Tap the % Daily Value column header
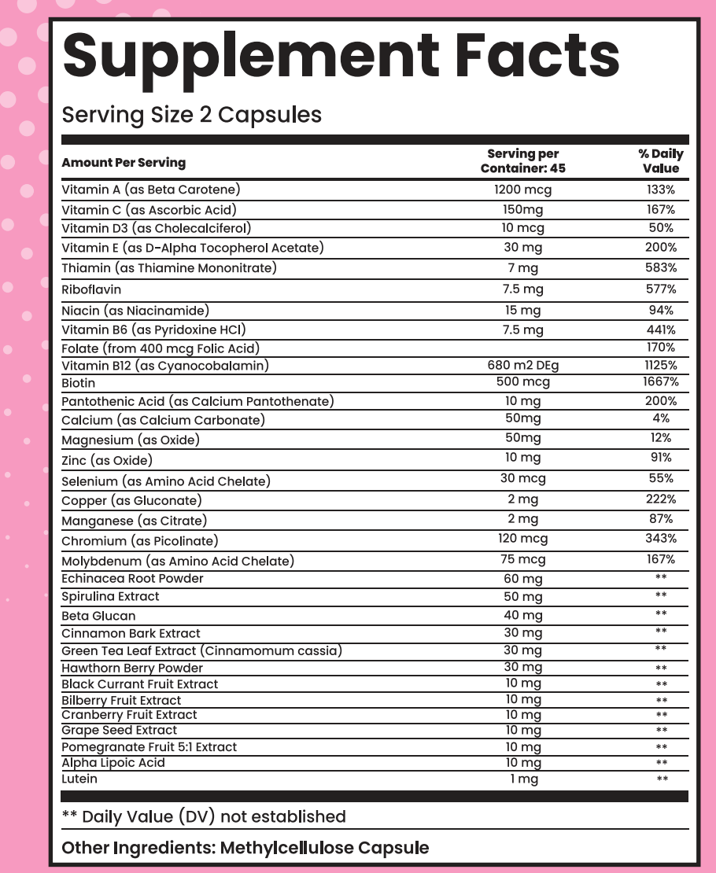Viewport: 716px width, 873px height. [x=660, y=161]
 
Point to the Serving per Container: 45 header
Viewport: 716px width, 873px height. [x=522, y=161]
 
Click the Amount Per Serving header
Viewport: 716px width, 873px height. [x=124, y=163]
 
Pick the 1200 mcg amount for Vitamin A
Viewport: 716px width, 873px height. [x=522, y=190]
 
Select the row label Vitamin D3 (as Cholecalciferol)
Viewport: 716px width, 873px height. [x=157, y=228]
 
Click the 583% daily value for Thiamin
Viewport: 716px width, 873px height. [x=660, y=268]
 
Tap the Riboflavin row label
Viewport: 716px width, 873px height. [x=91, y=289]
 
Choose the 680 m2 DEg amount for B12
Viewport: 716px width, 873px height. [x=522, y=365]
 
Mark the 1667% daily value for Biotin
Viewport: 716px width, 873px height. [x=660, y=382]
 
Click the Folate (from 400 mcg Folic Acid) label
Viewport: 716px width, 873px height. [x=161, y=348]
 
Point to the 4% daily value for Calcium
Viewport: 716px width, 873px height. [x=660, y=419]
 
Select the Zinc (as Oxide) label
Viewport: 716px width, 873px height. [x=107, y=460]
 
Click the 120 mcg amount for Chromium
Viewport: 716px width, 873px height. [x=522, y=539]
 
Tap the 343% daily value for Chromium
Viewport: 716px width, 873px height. [x=660, y=539]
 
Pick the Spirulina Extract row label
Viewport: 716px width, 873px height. [x=110, y=596]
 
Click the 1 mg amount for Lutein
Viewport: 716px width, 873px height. [x=522, y=779]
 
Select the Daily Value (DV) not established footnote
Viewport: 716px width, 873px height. [x=204, y=816]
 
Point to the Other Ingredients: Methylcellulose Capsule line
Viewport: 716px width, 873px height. [x=245, y=848]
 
